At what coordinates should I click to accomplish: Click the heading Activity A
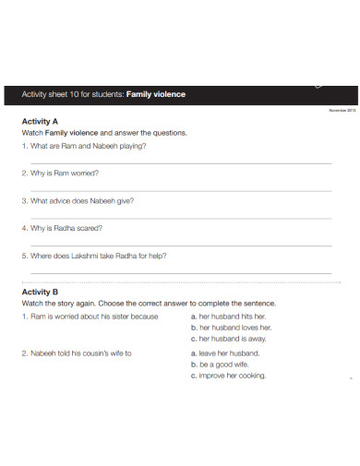click(40, 121)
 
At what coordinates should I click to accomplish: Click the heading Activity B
click(40, 292)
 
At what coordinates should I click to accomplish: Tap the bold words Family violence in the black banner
click(156, 94)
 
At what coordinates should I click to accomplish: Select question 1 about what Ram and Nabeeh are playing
click(83, 145)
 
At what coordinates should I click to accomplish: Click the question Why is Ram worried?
click(60, 173)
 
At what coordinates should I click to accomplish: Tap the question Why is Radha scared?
click(62, 227)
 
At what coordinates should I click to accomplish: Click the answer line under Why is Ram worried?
click(180, 190)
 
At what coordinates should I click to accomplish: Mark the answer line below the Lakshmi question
click(180, 272)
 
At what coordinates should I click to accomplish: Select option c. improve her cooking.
click(228, 376)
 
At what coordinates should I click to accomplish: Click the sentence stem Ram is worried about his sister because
click(90, 316)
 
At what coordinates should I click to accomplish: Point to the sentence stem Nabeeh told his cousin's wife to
click(77, 352)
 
